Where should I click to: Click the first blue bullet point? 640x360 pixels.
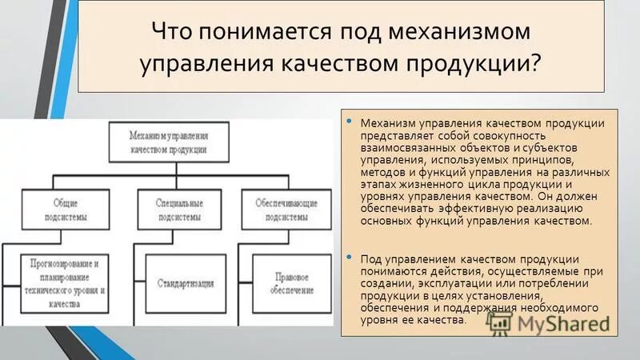click(x=349, y=121)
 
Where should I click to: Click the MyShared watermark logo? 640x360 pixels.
click(x=552, y=323)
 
